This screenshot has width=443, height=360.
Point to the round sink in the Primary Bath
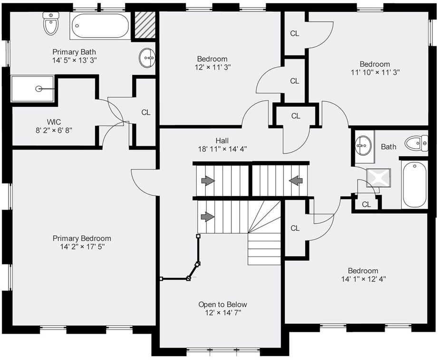[147, 59]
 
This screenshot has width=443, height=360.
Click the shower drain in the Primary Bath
[38, 88]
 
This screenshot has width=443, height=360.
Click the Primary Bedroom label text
[82, 238]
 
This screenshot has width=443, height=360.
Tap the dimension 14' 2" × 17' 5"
[82, 247]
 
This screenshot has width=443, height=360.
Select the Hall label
[222, 141]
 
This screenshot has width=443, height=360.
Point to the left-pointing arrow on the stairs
[296, 180]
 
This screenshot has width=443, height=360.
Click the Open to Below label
[222, 304]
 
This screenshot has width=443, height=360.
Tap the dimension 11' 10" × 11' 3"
[375, 73]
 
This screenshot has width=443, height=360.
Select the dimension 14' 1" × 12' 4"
[363, 279]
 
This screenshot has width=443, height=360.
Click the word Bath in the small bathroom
[388, 147]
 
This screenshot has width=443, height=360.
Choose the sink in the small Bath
[364, 144]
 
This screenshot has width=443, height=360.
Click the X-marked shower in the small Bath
[378, 177]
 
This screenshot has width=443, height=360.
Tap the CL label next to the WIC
[145, 113]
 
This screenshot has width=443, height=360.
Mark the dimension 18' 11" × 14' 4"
[222, 149]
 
